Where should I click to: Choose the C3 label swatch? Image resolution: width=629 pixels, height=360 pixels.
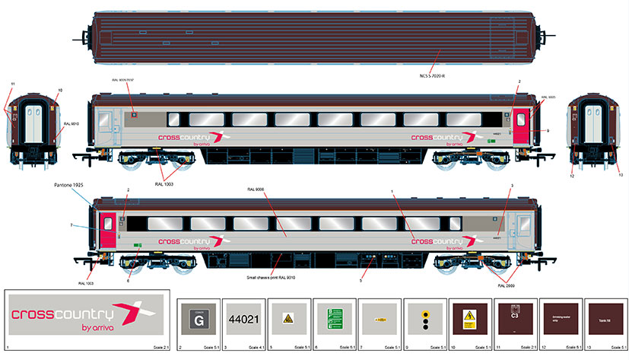pyautogui.click(x=515, y=318)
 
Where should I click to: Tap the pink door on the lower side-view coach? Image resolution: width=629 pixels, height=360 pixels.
pyautogui.click(x=107, y=228)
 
